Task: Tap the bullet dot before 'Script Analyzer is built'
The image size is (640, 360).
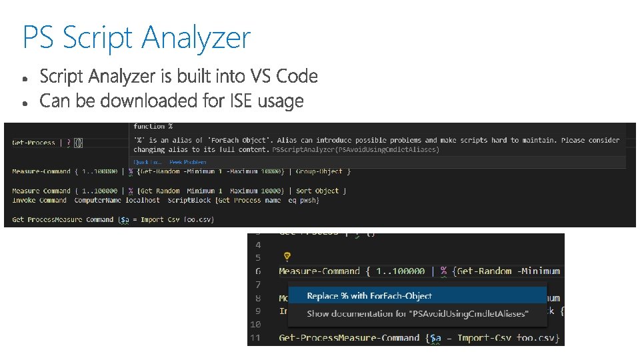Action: [x=25, y=79]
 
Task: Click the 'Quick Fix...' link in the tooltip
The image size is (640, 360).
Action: [x=147, y=162]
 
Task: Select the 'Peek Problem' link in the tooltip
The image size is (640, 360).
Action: [x=188, y=162]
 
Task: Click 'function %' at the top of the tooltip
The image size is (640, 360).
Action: [x=153, y=126]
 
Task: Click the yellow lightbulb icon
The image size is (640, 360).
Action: [x=287, y=256]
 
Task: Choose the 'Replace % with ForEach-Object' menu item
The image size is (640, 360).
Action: [x=369, y=296]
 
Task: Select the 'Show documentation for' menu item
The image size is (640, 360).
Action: [x=417, y=313]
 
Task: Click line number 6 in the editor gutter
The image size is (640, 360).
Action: [x=258, y=271]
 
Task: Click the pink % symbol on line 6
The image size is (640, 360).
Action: [x=443, y=271]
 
